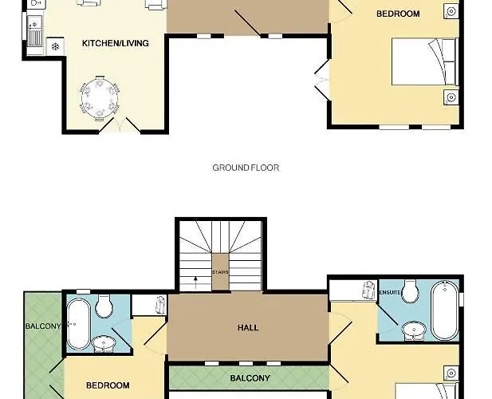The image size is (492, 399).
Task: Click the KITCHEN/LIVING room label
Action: (115, 43)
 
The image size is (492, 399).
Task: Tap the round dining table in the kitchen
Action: (100, 99)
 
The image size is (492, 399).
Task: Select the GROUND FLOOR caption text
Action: (246, 168)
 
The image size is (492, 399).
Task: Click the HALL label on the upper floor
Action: (248, 328)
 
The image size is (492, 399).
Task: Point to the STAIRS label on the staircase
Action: (220, 272)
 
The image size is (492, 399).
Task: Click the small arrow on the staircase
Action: (195, 279)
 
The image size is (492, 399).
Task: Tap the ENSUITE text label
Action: (391, 292)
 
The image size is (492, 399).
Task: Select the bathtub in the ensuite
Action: (445, 310)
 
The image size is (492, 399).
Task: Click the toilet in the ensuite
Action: (410, 291)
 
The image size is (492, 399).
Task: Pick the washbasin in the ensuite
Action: (414, 330)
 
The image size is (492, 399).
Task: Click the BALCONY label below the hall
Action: (250, 378)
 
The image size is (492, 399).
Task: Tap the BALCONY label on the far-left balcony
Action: (43, 326)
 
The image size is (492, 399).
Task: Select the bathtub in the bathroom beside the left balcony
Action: (78, 324)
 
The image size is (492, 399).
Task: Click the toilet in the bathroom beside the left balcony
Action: (104, 306)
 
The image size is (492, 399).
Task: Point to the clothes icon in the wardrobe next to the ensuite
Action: (369, 290)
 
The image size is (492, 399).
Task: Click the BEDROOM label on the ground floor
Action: (398, 14)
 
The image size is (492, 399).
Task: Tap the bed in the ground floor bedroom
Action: (425, 61)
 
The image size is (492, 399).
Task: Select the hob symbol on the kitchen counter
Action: (55, 47)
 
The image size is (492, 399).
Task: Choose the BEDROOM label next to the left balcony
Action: (108, 385)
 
